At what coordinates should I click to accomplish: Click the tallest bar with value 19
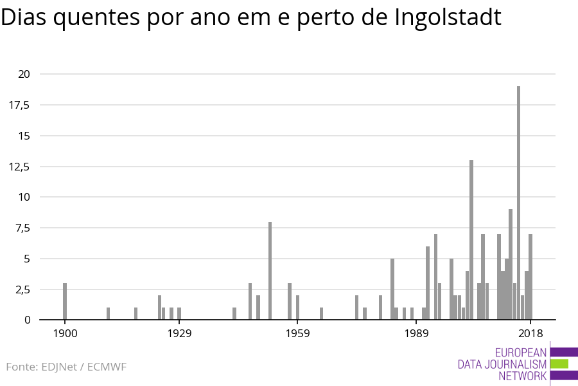[x=518, y=203]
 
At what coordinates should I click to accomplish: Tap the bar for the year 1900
[x=65, y=301]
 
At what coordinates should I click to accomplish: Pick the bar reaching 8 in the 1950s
[x=270, y=270]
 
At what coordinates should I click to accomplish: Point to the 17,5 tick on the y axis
[x=19, y=105]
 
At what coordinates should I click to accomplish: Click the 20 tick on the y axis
[x=24, y=74]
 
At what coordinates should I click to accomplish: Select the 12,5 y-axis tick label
[x=19, y=166]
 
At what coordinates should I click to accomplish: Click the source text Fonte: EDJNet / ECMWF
[x=66, y=367]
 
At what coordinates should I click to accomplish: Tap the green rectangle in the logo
[x=559, y=363]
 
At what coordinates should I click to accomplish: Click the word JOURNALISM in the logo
[x=519, y=364]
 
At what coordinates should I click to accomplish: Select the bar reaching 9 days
[x=511, y=264]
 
